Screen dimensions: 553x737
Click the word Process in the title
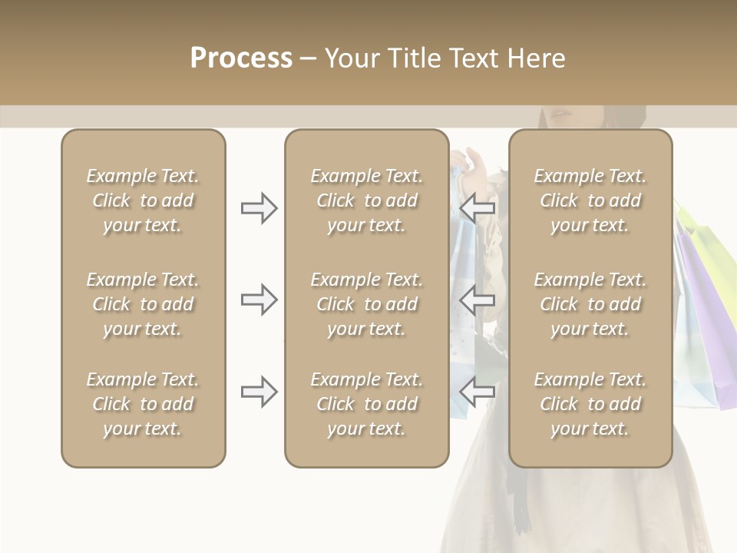pos(241,58)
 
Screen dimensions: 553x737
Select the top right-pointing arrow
pos(259,208)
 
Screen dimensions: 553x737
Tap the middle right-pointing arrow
pos(259,300)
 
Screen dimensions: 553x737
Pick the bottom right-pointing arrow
pos(259,392)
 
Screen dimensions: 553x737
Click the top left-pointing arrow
pos(477,208)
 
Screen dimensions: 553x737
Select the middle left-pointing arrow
pos(477,300)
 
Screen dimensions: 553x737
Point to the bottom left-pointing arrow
pos(477,392)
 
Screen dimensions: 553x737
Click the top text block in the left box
pos(143,200)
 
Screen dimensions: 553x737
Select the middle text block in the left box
pos(143,304)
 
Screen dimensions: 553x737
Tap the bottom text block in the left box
pos(143,404)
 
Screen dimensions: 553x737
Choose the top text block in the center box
pos(366,200)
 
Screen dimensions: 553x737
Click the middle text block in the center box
pos(366,304)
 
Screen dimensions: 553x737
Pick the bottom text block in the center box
pos(366,404)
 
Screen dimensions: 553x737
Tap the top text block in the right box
pos(590,200)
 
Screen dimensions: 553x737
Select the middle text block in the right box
pos(590,304)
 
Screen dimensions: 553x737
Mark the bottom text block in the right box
pos(590,404)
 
